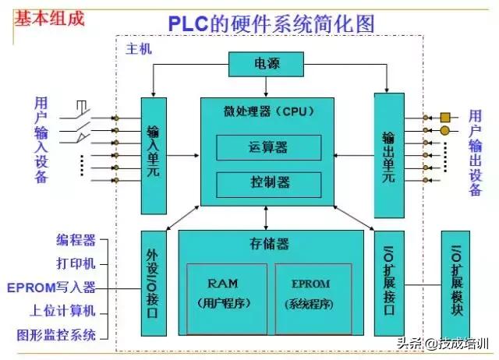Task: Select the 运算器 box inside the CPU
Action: pos(268,146)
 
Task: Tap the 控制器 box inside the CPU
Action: pos(268,182)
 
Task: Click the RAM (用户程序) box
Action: pos(226,292)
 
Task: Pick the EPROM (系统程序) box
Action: pos(313,292)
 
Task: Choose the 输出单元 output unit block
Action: pos(388,156)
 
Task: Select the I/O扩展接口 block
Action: pos(388,287)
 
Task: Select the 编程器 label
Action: pos(76,240)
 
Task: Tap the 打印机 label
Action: pos(76,264)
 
